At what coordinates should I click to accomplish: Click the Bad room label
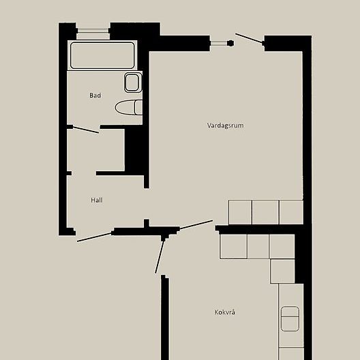tap(95, 95)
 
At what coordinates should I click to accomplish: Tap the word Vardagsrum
tap(226, 125)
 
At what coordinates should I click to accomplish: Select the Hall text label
tap(97, 200)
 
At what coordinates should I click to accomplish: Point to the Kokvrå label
tap(225, 312)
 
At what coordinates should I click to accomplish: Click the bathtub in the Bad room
tap(103, 56)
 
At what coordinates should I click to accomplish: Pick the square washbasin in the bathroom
tap(133, 83)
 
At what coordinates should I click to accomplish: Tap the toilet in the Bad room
tap(129, 107)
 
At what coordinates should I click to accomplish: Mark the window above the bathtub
tap(93, 30)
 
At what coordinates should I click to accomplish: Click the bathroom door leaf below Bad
tap(86, 129)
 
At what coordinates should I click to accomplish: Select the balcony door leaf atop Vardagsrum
tap(250, 39)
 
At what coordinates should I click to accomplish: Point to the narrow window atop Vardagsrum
tap(218, 43)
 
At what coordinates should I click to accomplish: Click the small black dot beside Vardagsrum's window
tap(231, 43)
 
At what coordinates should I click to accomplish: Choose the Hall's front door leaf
tap(95, 236)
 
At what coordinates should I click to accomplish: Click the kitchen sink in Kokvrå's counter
tap(290, 319)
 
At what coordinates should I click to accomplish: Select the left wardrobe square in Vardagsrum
tap(240, 212)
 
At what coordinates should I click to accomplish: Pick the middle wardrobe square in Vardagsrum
tap(265, 212)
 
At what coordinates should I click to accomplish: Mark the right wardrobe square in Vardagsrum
tap(290, 212)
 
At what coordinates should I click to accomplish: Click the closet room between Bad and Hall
tap(95, 151)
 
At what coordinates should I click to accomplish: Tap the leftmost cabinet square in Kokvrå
tap(233, 246)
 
